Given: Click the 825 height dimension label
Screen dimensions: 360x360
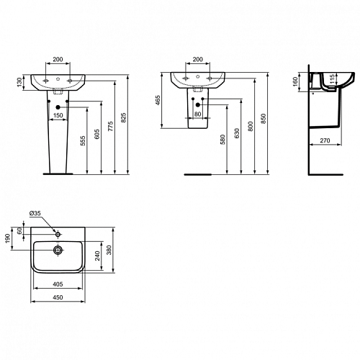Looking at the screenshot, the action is (124, 117).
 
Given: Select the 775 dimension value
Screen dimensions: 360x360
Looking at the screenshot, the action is (111, 126).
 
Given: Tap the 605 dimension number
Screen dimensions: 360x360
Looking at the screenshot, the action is (97, 134).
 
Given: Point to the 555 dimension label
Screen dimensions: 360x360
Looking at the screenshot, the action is (83, 141).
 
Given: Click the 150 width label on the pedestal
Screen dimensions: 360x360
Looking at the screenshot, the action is (58, 115).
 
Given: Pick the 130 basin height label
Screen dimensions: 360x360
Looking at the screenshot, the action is (19, 82).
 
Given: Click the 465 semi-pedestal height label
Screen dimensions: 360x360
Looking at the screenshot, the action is (158, 100).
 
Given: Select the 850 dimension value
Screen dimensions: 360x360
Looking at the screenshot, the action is (264, 119).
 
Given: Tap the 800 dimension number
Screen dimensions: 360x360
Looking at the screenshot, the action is (251, 127).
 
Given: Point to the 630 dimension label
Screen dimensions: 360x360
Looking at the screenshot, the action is (237, 133).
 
